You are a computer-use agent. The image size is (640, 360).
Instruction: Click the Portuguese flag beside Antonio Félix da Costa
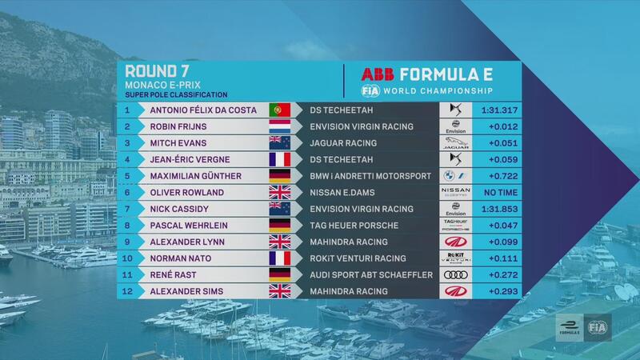279,110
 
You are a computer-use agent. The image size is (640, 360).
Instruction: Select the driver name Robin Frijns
178,126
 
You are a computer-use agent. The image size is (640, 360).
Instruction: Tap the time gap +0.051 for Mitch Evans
503,143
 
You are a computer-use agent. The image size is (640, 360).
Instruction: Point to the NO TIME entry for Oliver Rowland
501,192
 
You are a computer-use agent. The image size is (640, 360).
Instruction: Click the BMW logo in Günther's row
450,176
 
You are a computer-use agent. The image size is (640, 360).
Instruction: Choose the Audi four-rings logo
455,274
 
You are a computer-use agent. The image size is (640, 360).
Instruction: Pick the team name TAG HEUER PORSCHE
354,226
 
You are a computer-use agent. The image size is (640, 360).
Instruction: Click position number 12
127,291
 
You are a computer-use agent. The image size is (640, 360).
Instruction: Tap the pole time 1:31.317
499,110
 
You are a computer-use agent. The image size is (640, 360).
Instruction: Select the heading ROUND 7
157,71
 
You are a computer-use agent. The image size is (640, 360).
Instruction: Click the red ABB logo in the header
378,74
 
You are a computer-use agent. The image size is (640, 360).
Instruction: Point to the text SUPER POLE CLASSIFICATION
176,94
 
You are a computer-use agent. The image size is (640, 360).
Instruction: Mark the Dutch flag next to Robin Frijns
279,126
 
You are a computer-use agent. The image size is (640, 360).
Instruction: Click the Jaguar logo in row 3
455,143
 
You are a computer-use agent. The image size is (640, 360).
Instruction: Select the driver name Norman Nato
181,258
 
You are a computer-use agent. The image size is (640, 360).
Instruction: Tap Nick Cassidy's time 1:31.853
499,209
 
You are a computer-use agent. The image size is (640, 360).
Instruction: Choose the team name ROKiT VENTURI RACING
358,258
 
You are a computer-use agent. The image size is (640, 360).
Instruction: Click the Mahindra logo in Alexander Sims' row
455,291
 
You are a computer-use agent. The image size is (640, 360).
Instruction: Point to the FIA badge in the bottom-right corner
598,327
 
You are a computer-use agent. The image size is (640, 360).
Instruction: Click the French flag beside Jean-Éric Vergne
279,159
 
